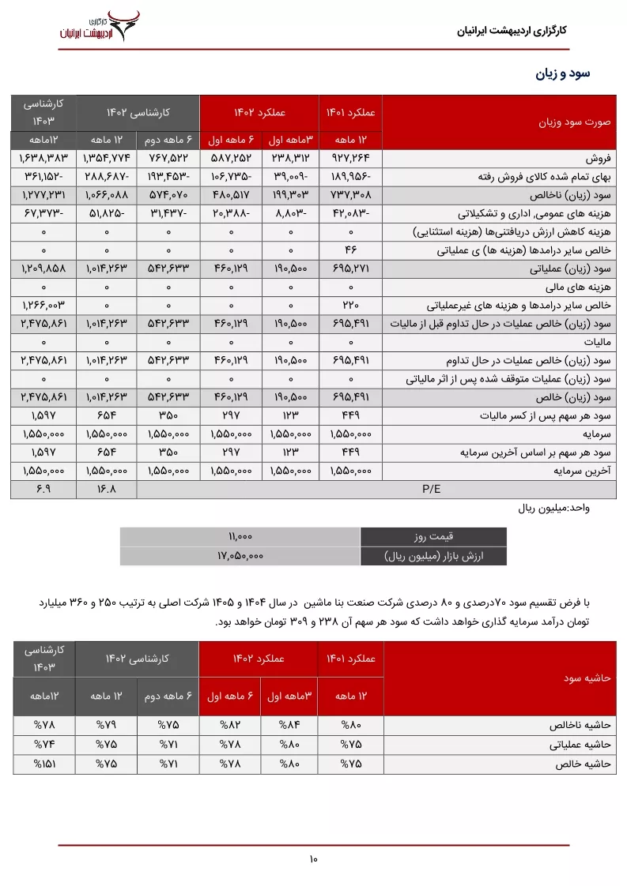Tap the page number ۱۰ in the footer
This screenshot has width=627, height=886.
[x=313, y=859]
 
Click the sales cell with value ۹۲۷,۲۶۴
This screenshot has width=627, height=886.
[x=350, y=158]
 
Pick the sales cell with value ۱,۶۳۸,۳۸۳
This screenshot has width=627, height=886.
[x=43, y=158]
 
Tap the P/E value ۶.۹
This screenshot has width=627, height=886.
[x=43, y=489]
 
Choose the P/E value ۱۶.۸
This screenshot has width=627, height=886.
[x=106, y=489]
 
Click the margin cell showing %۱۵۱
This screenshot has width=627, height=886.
[x=44, y=764]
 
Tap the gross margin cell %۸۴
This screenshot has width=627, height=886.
[x=289, y=724]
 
